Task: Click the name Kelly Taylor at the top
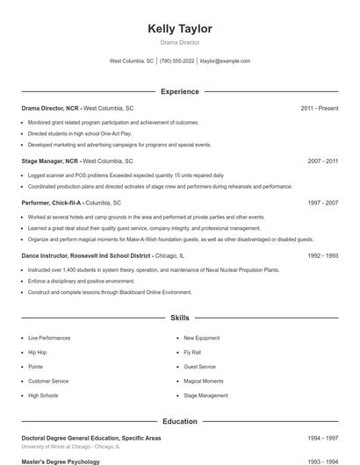tap(179, 29)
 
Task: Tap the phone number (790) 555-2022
tap(176, 61)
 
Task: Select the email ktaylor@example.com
tap(225, 61)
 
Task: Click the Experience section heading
tap(179, 91)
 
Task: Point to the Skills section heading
tap(179, 317)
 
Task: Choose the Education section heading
tap(179, 421)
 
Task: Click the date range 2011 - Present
tap(319, 108)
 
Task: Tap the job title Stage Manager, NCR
tap(49, 161)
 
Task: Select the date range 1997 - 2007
tap(322, 203)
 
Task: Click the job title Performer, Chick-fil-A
tap(52, 203)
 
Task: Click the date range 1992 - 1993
tap(322, 256)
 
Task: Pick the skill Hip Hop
tap(38, 352)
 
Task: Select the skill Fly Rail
tap(193, 352)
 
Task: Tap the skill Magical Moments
tap(203, 381)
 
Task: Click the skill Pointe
tap(35, 367)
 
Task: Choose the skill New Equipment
tap(201, 338)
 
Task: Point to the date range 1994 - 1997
tap(322, 437)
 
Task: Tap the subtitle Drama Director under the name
tap(179, 42)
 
